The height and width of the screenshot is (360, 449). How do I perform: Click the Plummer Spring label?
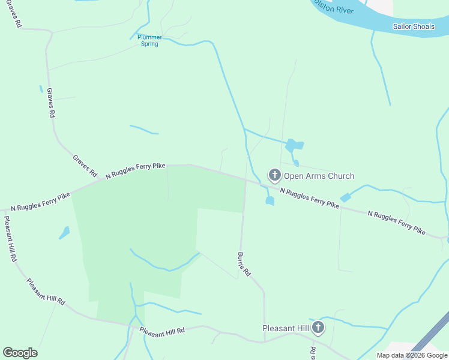149,40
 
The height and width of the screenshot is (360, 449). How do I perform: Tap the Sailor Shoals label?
414,26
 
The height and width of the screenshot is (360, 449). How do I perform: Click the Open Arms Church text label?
319,176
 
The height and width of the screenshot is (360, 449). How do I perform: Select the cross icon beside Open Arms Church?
274,175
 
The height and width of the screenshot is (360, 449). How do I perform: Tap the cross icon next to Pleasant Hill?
318,328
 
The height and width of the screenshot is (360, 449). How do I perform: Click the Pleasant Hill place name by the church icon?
286,328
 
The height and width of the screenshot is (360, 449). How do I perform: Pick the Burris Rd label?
243,265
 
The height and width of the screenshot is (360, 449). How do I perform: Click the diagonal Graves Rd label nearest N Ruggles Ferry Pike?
85,166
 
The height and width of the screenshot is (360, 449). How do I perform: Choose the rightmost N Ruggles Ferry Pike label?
396,222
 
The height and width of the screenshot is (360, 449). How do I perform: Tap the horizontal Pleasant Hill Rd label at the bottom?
161,331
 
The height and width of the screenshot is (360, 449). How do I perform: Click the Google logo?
20,353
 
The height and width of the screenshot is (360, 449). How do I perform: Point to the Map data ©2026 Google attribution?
412,355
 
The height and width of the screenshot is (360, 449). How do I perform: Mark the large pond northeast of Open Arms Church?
294,145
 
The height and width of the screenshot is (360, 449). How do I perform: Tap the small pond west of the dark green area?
64,232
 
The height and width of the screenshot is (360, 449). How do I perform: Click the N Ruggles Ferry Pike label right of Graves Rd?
136,170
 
